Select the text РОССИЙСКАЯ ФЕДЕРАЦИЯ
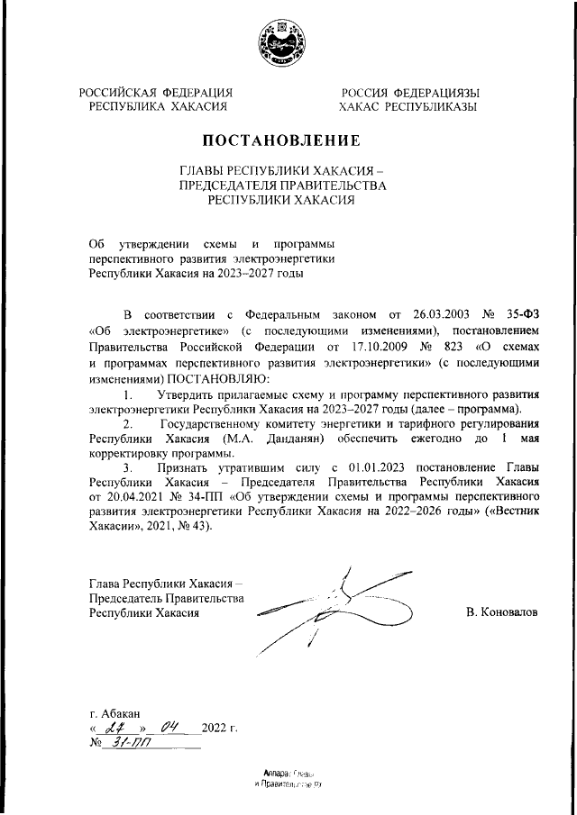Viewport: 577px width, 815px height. [x=156, y=92]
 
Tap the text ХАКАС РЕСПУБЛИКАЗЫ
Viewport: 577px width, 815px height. [x=408, y=106]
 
